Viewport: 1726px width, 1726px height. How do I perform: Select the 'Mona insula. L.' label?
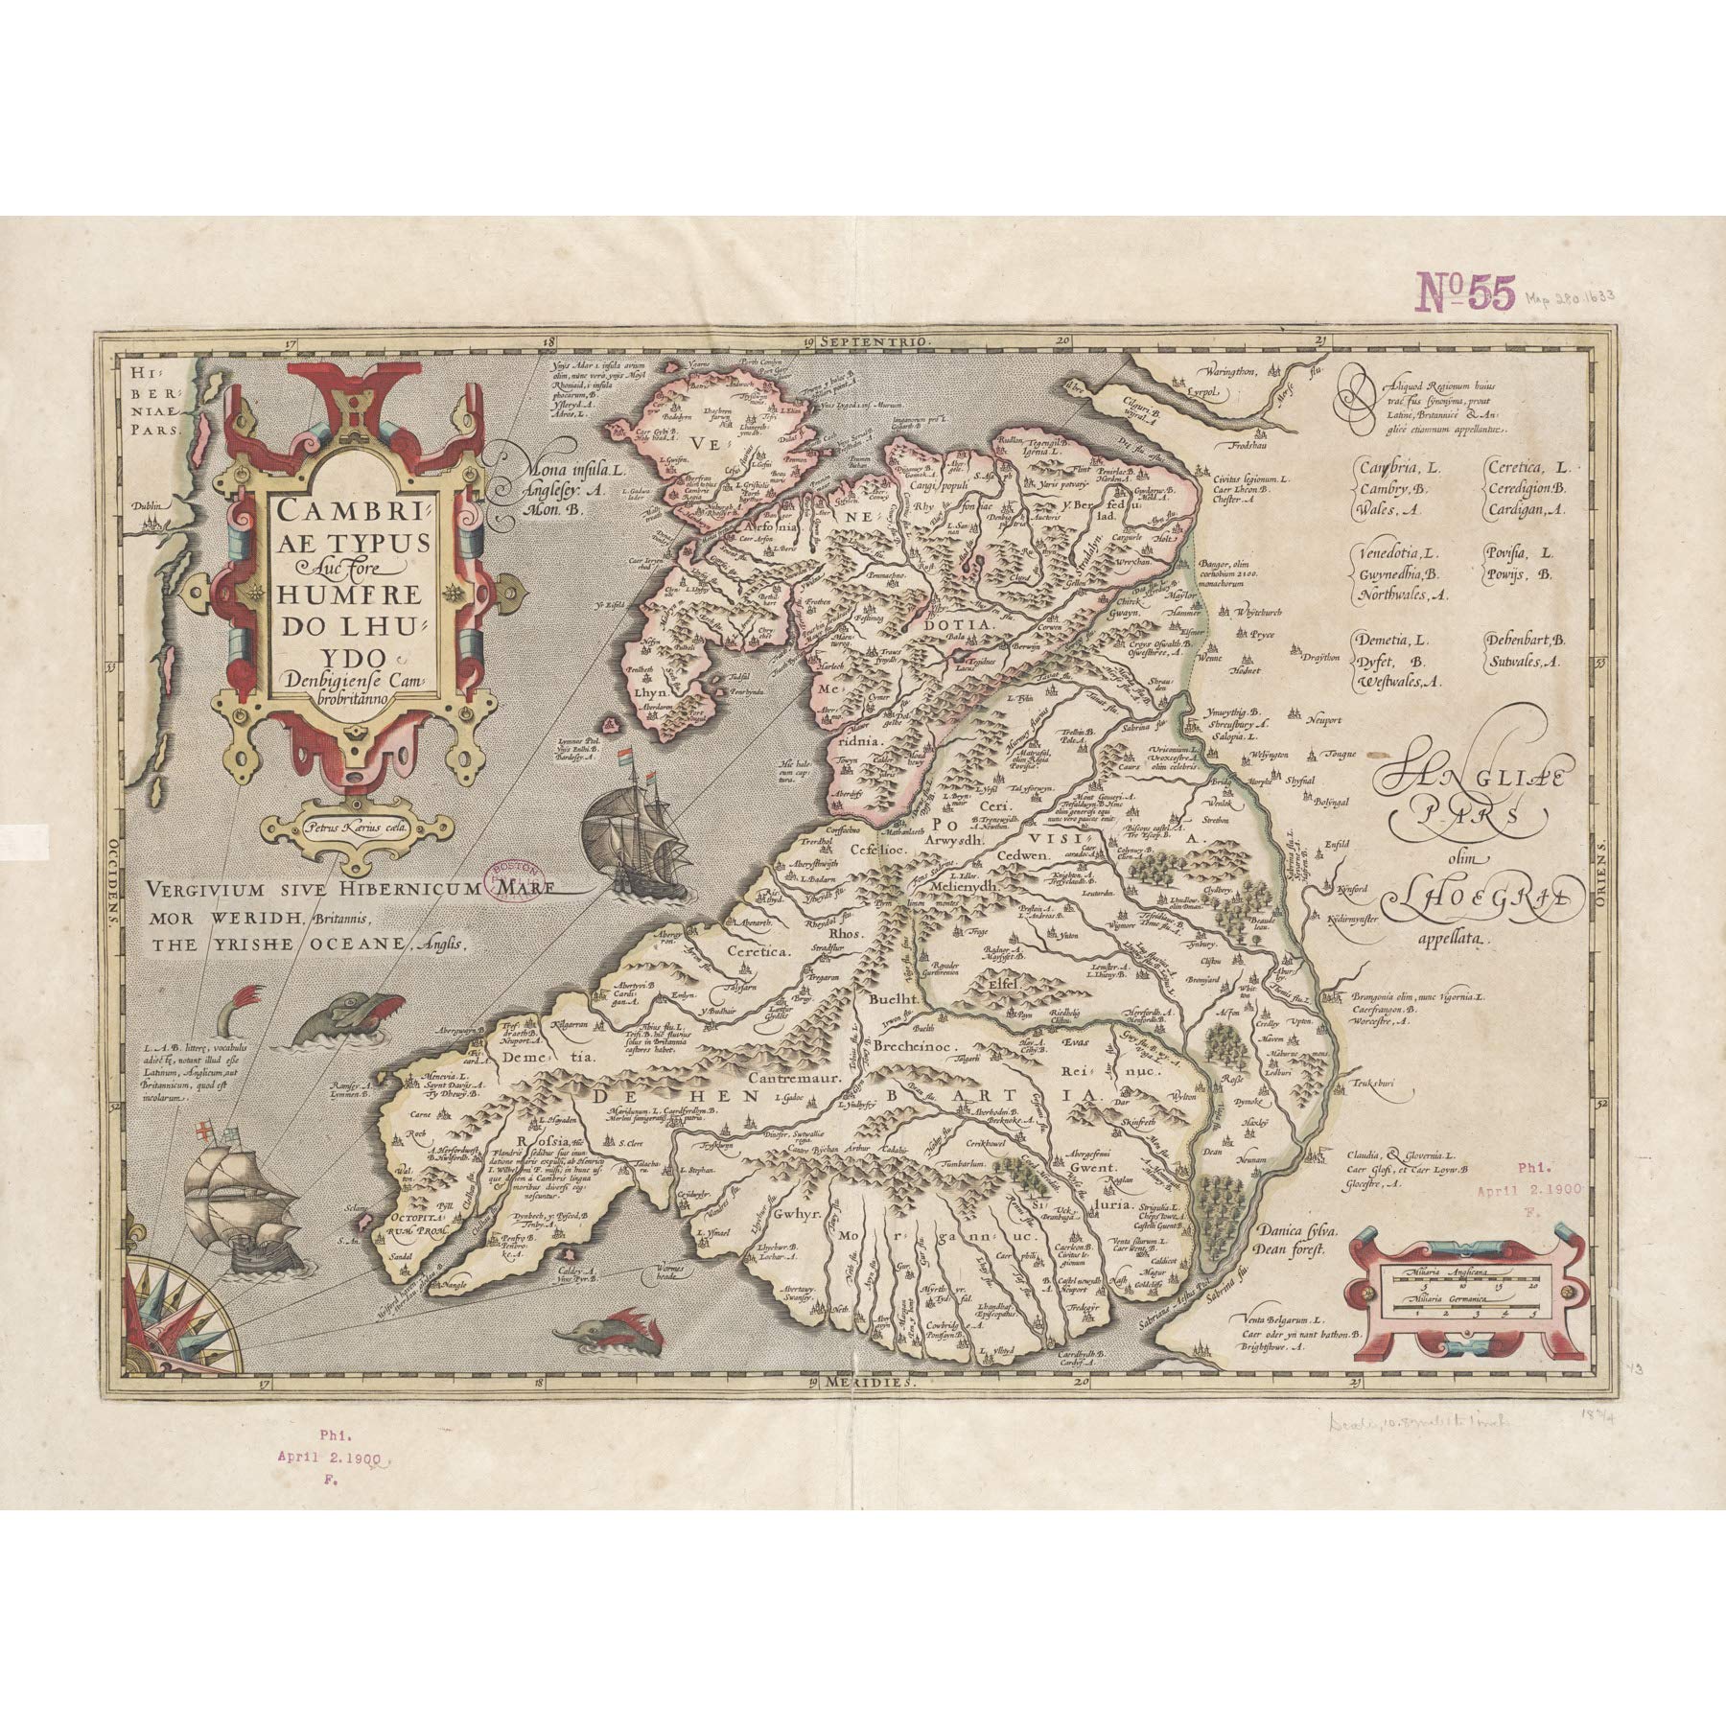click(571, 472)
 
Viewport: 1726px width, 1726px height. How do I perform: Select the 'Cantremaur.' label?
click(793, 1078)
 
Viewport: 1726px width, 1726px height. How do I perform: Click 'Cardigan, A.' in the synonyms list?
click(1525, 510)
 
